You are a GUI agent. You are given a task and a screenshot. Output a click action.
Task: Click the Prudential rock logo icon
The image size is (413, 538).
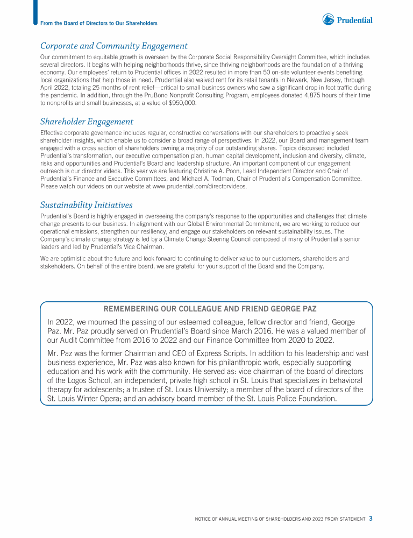coord(328,19)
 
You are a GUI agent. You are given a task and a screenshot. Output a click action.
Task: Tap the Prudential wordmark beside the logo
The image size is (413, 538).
coord(355,20)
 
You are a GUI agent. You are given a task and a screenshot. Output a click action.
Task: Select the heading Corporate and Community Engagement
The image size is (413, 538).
coord(114,46)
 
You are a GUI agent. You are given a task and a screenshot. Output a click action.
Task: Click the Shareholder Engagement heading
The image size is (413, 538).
coord(87,122)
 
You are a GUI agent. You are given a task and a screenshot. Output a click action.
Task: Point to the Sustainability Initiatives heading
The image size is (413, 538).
coord(86,205)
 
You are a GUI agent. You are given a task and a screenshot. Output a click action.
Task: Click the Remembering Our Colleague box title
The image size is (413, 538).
coord(206,309)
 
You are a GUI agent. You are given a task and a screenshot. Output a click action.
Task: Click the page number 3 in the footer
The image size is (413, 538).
coord(371,519)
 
